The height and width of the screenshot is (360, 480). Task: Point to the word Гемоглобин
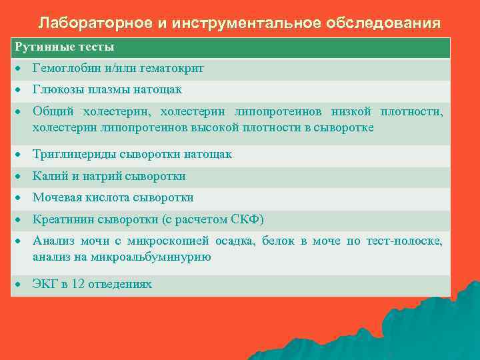65,68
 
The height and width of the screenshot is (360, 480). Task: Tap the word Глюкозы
57,89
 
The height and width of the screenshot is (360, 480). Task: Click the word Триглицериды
75,154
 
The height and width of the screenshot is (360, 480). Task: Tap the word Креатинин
64,219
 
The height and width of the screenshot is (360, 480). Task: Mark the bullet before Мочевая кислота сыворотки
20,197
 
